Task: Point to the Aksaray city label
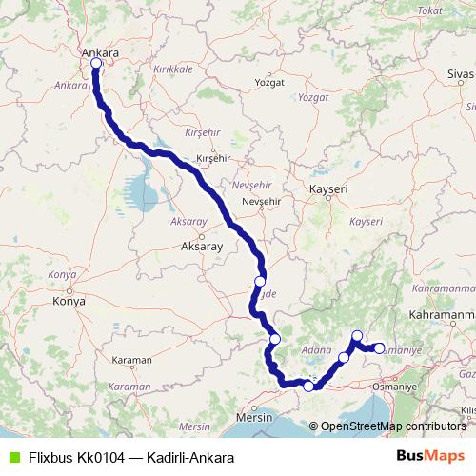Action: (x=201, y=246)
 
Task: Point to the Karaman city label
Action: (x=131, y=362)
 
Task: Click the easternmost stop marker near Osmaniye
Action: (x=379, y=348)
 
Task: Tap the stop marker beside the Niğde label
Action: (x=259, y=282)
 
